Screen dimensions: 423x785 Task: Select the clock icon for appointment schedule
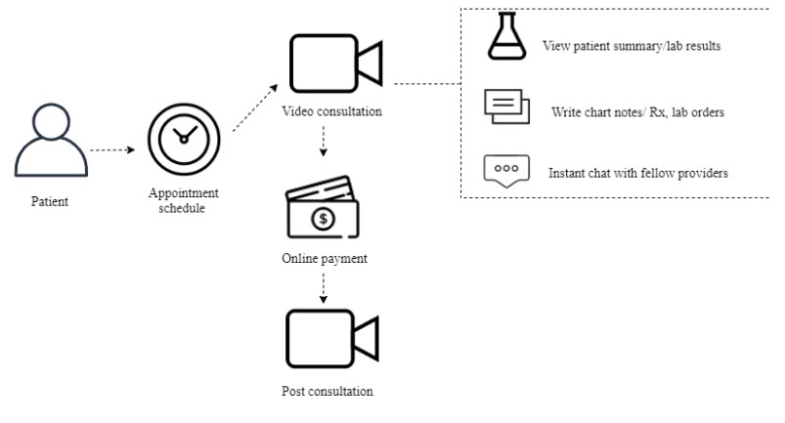182,143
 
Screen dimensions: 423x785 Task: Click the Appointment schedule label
182,199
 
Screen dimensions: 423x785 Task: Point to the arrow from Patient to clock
110,151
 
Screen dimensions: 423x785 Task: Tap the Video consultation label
330,111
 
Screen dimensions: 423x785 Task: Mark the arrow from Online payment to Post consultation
324,289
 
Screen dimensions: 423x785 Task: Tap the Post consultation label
327,392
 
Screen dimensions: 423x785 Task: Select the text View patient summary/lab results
632,46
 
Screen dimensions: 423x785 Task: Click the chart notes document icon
506,106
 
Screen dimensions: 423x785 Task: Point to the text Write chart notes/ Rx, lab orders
637,112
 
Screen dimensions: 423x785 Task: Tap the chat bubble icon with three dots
506,169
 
